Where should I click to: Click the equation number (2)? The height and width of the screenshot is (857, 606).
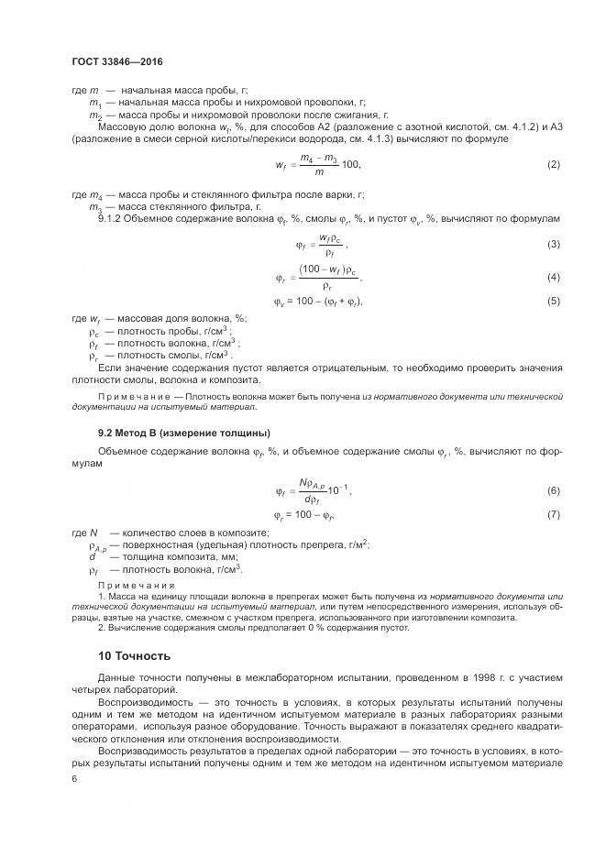click(553, 164)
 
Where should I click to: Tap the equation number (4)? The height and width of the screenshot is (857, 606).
click(553, 277)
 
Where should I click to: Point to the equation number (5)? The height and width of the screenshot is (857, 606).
click(553, 301)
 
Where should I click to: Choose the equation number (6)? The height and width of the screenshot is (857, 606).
click(553, 491)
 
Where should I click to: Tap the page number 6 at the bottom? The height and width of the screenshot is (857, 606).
click(74, 778)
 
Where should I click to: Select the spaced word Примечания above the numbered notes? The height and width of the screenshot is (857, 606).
click(131, 584)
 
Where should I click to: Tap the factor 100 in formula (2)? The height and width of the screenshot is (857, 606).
click(348, 165)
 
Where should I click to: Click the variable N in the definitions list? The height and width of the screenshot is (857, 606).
click(93, 533)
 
